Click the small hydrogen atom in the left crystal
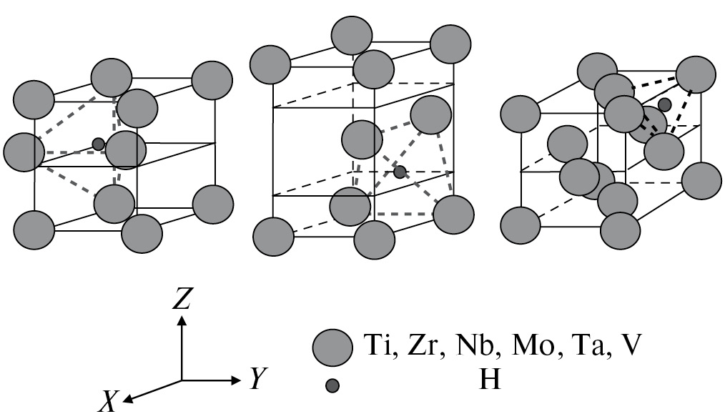click(99, 144)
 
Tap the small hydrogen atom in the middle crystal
click(400, 172)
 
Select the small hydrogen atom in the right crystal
click(664, 105)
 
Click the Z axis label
click(182, 299)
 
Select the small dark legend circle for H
click(332, 386)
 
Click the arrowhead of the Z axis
click(182, 319)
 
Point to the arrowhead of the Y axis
click(239, 380)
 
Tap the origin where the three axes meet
click(182, 380)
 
